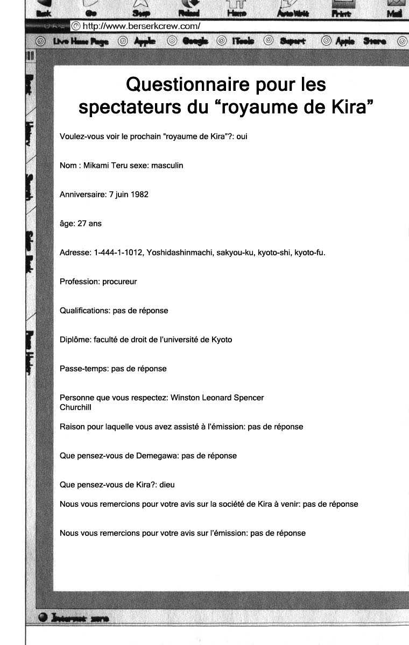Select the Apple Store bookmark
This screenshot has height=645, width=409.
coord(361,41)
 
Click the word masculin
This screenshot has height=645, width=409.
coord(167,166)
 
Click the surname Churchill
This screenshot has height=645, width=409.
coord(75,407)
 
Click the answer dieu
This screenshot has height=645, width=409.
coord(167,485)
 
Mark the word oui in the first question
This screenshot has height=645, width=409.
coord(242,137)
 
